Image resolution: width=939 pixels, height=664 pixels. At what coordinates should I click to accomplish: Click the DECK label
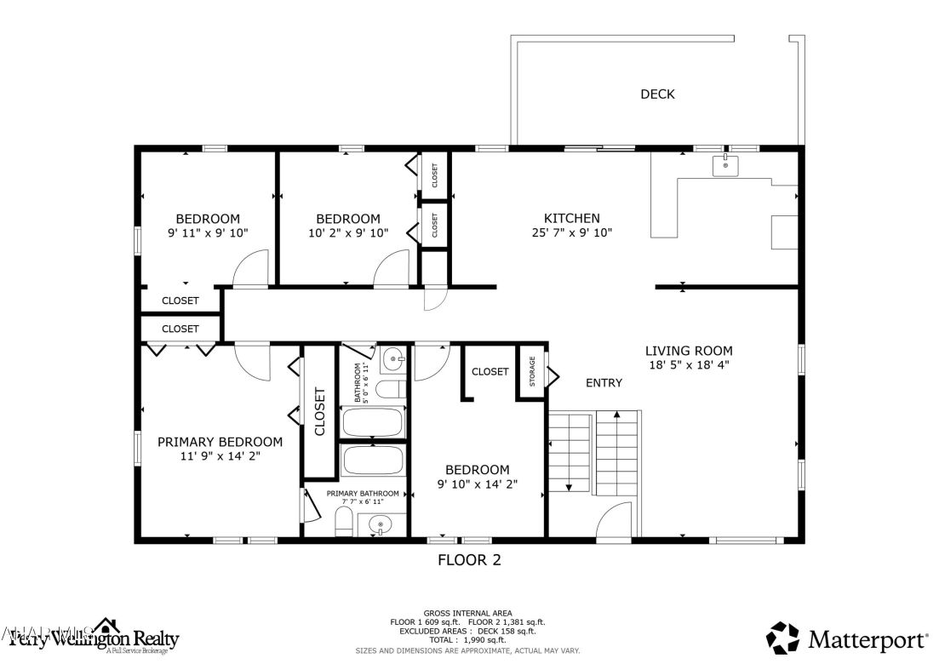click(657, 94)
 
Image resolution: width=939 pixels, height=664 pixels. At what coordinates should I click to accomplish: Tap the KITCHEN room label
click(571, 219)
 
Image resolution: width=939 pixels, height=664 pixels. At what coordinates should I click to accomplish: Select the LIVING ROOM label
click(688, 351)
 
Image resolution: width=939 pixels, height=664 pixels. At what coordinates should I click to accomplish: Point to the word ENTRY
click(604, 383)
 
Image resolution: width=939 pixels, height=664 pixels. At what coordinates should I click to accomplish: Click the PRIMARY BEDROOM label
click(220, 442)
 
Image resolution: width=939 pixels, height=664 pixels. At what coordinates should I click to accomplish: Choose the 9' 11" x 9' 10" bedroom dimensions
click(208, 232)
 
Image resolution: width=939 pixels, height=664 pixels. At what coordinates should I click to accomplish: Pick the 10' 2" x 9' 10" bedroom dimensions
click(347, 232)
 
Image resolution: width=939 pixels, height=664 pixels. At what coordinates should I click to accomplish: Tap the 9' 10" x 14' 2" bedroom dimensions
click(477, 484)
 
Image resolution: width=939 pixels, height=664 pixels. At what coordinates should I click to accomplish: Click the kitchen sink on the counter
click(725, 165)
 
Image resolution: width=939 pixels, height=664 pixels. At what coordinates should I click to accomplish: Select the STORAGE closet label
click(533, 372)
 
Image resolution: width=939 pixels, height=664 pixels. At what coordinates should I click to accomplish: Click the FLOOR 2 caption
click(469, 560)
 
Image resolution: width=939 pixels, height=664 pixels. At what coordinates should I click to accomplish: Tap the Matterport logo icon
click(783, 638)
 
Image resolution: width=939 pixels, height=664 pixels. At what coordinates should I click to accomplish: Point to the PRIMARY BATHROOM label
click(363, 494)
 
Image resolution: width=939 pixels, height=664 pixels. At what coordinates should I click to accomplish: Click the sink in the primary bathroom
click(381, 524)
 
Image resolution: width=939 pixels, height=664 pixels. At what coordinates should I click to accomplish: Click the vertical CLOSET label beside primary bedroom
click(320, 411)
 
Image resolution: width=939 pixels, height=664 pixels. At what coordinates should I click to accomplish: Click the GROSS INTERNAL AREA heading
click(468, 613)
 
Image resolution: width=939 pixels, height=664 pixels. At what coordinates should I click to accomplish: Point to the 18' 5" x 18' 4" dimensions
click(688, 364)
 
